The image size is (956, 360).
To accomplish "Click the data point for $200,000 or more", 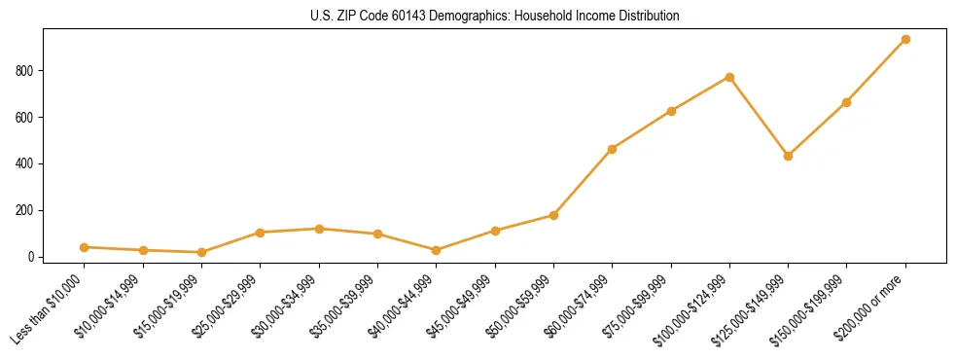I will tap(905, 40).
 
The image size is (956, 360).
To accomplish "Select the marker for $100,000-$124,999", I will tap(729, 77).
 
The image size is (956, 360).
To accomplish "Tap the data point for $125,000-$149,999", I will tap(788, 156).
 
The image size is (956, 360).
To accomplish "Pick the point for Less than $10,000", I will tap(85, 247).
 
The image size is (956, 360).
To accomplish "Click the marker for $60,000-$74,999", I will tap(612, 149).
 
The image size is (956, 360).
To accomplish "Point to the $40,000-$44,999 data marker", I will tap(436, 250).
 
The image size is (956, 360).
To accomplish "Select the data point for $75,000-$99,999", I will tap(671, 111).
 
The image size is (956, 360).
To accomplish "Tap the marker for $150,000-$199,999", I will tap(846, 102).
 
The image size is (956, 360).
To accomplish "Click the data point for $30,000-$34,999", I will tap(319, 229).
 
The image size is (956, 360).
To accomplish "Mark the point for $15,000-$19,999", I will tap(201, 252).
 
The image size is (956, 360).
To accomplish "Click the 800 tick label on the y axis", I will tap(26, 71).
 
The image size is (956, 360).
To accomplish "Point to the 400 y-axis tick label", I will tap(26, 163).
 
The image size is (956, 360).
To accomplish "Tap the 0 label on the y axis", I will tap(32, 257).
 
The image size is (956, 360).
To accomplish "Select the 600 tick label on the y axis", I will tap(26, 118).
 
